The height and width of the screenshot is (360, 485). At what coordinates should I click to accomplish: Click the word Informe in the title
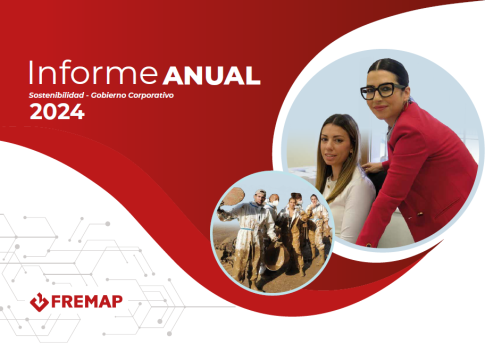(93, 72)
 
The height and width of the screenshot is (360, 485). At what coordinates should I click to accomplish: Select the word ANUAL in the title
(212, 75)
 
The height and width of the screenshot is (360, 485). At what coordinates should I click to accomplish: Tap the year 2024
(57, 112)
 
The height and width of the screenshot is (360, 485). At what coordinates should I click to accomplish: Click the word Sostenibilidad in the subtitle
(56, 95)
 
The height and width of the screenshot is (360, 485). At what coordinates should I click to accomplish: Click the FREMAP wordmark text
(87, 302)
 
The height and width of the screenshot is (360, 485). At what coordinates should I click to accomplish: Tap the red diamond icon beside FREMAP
(39, 302)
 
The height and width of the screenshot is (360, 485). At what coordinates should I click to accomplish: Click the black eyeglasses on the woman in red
(381, 91)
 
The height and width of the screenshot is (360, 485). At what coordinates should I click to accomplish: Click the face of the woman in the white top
(334, 147)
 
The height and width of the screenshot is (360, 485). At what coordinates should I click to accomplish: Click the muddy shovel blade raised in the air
(234, 196)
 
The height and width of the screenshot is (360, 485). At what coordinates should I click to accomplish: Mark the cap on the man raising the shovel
(260, 192)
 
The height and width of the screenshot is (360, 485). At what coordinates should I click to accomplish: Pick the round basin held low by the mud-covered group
(275, 255)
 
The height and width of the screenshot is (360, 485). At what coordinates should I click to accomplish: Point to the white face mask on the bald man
(275, 203)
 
